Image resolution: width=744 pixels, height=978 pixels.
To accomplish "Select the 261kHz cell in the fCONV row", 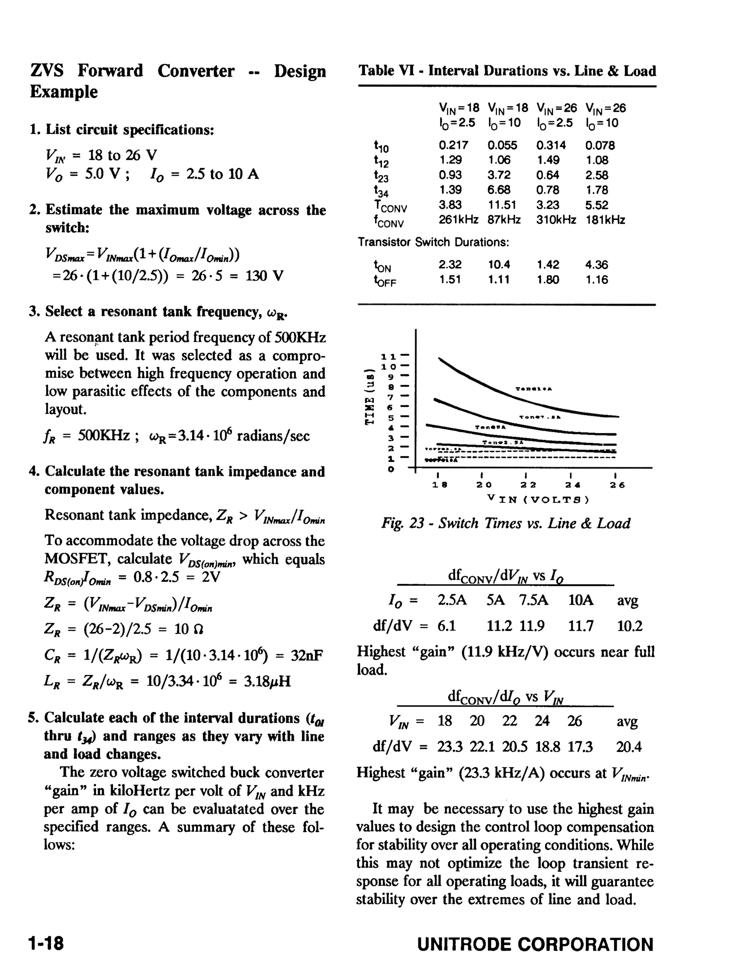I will click(458, 220).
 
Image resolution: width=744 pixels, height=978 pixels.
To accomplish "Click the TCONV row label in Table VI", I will click(390, 206).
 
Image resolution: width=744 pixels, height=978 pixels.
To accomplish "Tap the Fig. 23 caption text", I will click(506, 523).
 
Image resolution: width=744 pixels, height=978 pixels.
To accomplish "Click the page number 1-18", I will click(46, 943).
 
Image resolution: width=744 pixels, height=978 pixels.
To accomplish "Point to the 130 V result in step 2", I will click(264, 276).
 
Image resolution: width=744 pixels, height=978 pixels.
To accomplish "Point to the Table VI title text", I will click(507, 71).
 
